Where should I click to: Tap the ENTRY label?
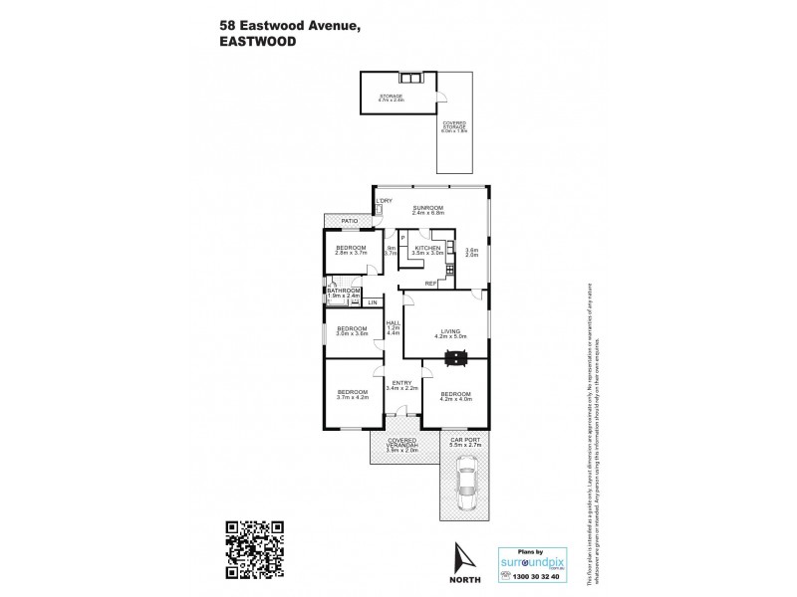click(x=399, y=385)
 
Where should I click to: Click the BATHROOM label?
click(x=344, y=293)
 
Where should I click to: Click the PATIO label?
click(x=349, y=221)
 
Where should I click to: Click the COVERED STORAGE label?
click(x=460, y=126)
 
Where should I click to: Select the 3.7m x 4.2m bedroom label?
click(x=352, y=394)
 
